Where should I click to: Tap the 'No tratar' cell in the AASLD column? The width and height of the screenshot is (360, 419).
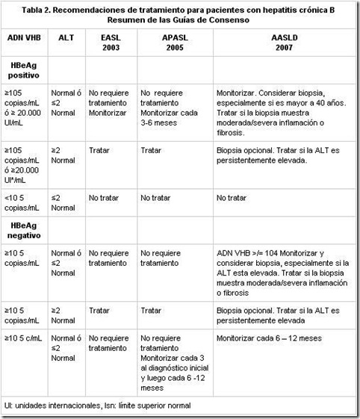(232, 198)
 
